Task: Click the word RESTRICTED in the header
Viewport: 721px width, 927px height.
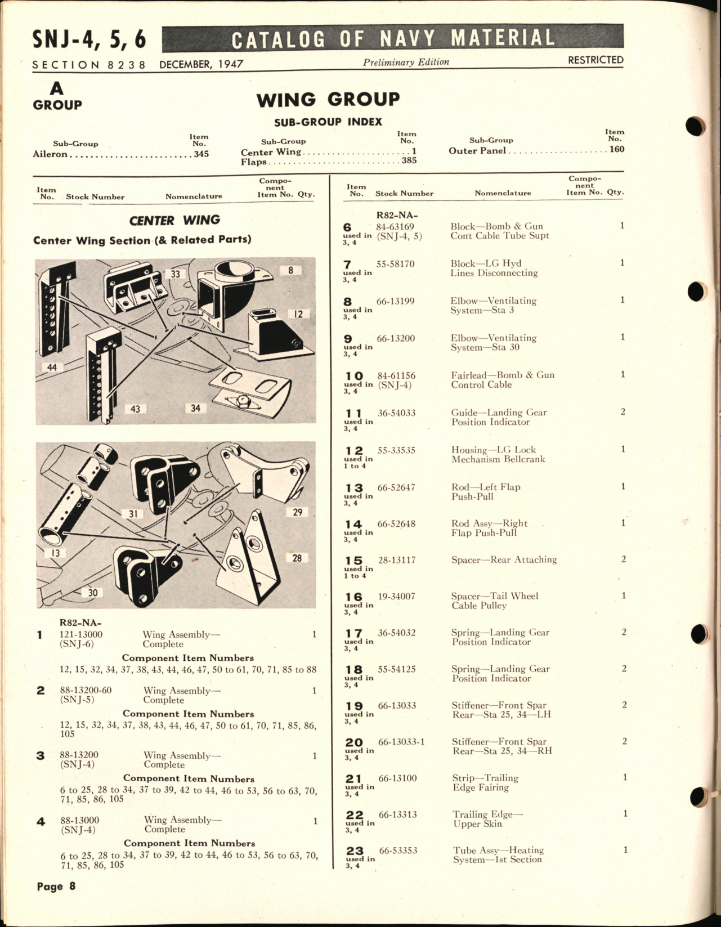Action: click(595, 60)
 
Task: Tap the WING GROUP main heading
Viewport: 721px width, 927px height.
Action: click(328, 100)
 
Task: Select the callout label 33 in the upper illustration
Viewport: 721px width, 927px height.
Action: click(176, 274)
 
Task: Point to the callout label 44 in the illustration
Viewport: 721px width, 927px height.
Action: click(52, 367)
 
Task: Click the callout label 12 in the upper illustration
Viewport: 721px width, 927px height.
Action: click(298, 314)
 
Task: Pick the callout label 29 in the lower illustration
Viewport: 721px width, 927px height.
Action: click(297, 512)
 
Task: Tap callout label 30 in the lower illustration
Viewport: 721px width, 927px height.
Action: click(92, 592)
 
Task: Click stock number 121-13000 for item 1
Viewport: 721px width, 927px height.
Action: click(81, 634)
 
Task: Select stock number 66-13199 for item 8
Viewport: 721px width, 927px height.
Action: click(395, 301)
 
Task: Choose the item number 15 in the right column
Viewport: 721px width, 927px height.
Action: click(353, 561)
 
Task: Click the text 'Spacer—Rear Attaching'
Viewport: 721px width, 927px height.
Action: click(504, 559)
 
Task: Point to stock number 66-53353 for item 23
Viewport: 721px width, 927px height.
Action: click(398, 850)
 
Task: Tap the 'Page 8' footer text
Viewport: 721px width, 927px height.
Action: click(56, 886)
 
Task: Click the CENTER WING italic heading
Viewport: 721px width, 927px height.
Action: click(174, 220)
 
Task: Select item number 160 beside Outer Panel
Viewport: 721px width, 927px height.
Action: click(617, 149)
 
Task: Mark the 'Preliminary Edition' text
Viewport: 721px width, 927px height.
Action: click(406, 62)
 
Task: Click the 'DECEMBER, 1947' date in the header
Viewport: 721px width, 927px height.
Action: click(201, 64)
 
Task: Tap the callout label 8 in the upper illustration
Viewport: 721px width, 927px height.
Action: click(290, 270)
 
